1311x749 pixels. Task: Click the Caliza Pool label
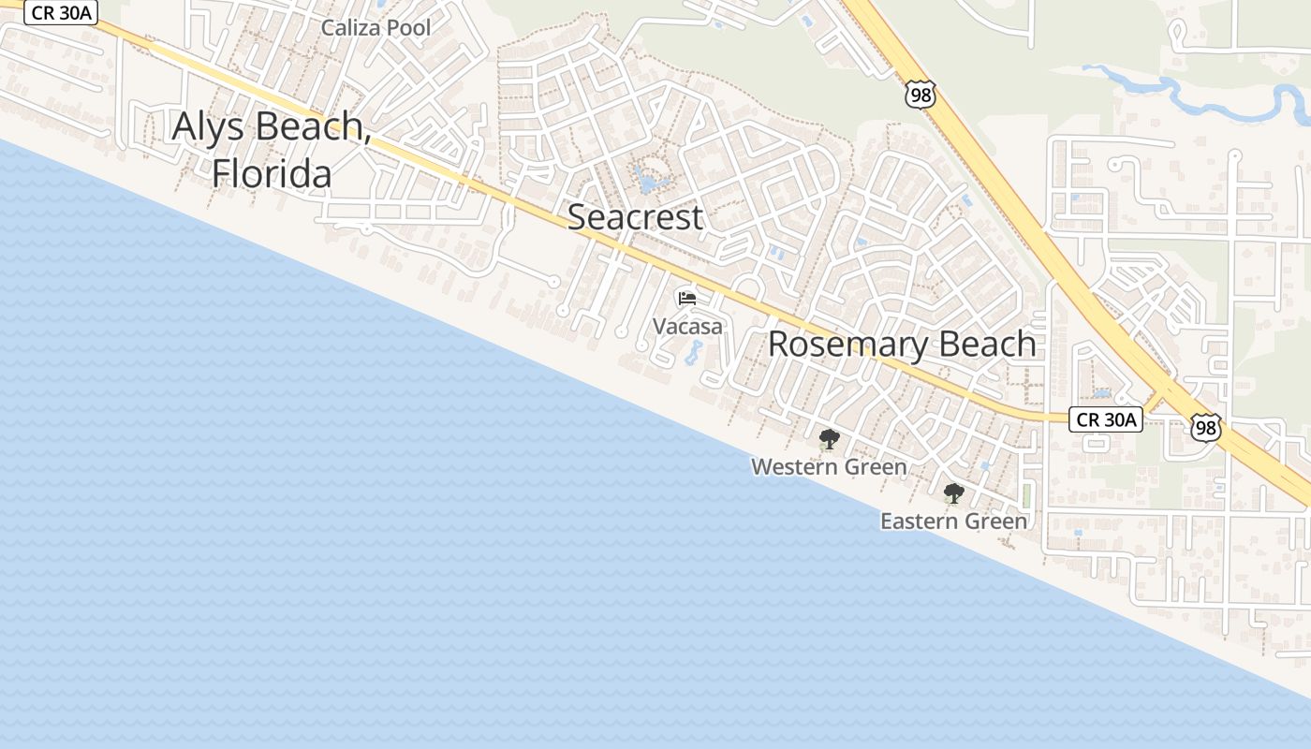point(376,28)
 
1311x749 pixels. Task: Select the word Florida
point(272,174)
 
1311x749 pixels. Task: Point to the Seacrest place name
point(635,217)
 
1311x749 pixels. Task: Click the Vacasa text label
point(687,327)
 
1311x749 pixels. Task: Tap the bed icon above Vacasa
point(687,299)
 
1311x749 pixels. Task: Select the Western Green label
point(829,466)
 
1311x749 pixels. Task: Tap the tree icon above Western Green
point(829,438)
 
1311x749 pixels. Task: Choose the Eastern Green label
point(953,521)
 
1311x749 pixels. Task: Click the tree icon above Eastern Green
point(953,492)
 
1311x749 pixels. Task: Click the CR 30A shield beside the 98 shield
point(1106,419)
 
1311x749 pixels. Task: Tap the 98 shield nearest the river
point(921,94)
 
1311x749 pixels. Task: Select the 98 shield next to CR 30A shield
point(1206,428)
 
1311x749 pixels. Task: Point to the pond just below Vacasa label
point(694,353)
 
